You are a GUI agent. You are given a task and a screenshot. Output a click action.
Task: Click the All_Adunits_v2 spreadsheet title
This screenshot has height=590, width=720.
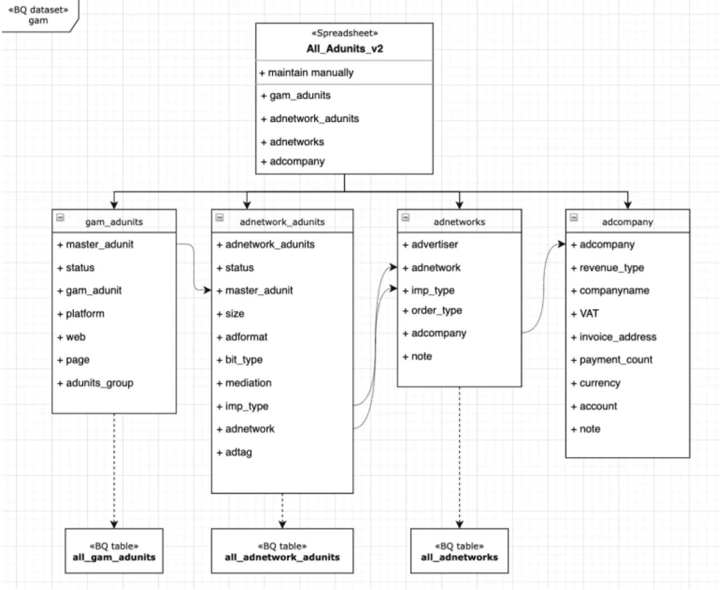point(344,49)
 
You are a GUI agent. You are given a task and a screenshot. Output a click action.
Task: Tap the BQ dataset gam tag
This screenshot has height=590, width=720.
point(38,15)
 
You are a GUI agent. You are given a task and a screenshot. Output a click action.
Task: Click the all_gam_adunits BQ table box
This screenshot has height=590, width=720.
point(114,551)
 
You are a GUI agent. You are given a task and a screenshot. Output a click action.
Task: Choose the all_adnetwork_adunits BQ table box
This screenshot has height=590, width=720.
point(282,551)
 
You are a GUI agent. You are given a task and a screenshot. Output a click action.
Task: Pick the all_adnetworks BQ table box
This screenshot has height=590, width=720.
point(459,551)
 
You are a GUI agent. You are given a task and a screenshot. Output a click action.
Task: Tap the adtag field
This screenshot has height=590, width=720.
point(238,452)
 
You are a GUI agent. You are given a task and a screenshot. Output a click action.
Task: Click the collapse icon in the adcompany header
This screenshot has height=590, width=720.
point(574,218)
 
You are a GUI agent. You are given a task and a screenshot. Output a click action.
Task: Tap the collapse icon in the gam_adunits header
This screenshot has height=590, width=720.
point(60,218)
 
